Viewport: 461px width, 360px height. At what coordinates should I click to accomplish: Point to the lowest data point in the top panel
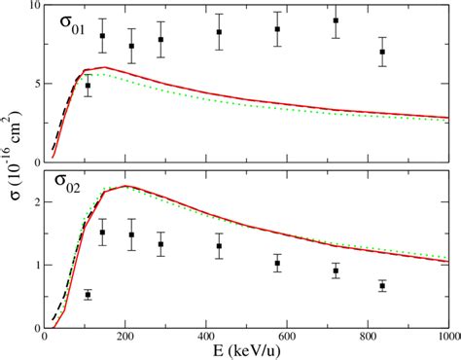pyautogui.click(x=89, y=86)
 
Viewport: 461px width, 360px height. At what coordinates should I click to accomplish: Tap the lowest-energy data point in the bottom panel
pyautogui.click(x=89, y=294)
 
